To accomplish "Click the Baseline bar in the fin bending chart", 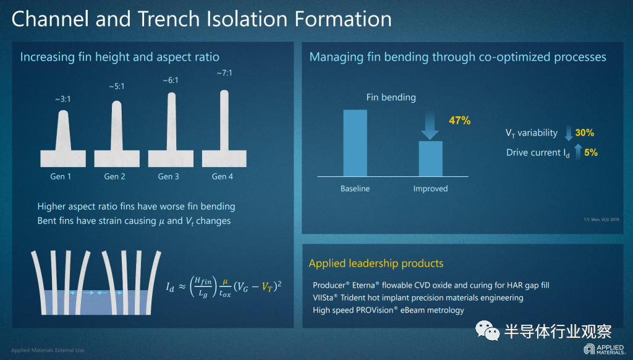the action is coord(355,143).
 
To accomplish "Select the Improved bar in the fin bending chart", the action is coord(430,159).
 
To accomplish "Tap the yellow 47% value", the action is coord(460,121).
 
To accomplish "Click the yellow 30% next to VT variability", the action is coord(585,132).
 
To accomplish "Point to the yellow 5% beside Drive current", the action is coord(590,152).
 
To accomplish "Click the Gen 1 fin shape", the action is coord(63,139).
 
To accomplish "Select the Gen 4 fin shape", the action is coord(224,129).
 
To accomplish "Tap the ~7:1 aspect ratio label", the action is coord(224,73).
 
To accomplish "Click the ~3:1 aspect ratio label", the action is coord(63,99).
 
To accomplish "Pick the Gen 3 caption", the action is coord(168,176).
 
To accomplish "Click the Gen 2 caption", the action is coord(114,176).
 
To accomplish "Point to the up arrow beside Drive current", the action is coord(578,152).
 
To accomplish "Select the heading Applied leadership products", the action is coord(376,264).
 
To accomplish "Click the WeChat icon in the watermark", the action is coord(488,331).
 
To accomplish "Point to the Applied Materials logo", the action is coord(604,349).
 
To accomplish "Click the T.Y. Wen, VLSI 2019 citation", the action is coord(601,220).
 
